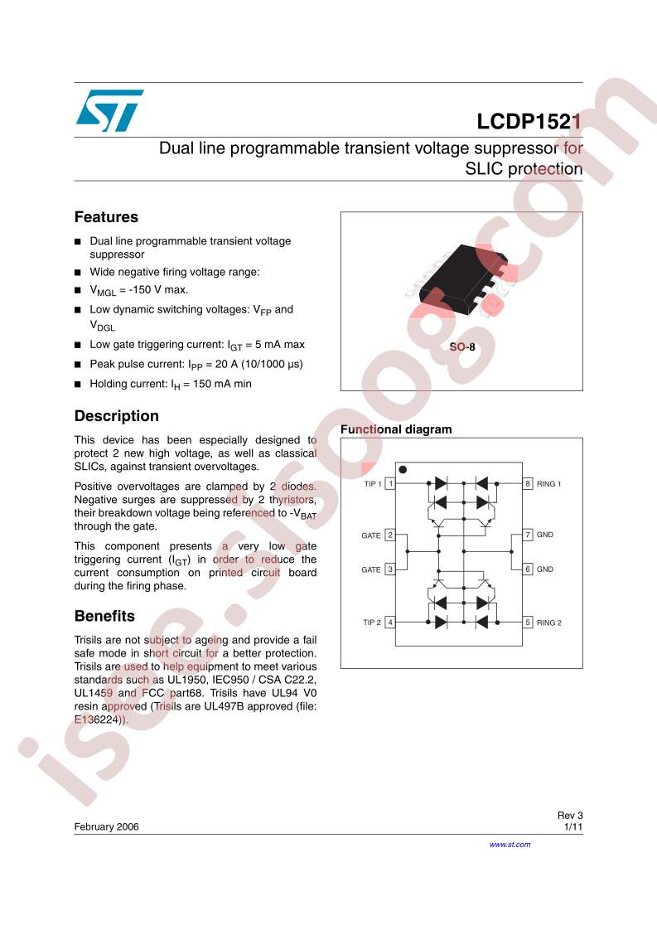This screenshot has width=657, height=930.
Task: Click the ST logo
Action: click(109, 111)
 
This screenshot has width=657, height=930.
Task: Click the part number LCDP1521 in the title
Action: click(529, 122)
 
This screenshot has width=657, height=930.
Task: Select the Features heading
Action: click(106, 217)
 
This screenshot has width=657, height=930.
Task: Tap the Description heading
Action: click(117, 416)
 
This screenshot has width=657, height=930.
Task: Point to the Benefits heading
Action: click(104, 616)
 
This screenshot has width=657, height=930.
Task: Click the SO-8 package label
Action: click(462, 347)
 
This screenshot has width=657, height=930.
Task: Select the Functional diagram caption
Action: click(396, 429)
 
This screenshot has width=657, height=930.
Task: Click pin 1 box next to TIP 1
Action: click(390, 483)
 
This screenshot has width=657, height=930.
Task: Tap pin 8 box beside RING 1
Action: click(528, 483)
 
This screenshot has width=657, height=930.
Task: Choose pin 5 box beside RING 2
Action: click(528, 622)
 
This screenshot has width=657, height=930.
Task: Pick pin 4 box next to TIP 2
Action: click(390, 622)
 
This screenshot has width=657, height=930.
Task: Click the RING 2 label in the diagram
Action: click(549, 622)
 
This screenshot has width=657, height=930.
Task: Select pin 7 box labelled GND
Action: click(528, 535)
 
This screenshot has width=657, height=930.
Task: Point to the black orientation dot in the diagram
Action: click(403, 469)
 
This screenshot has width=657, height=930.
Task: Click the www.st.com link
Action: click(510, 845)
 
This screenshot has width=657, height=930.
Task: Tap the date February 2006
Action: click(107, 826)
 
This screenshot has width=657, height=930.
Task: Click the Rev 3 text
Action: click(570, 816)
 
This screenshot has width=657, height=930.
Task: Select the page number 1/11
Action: click(573, 826)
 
